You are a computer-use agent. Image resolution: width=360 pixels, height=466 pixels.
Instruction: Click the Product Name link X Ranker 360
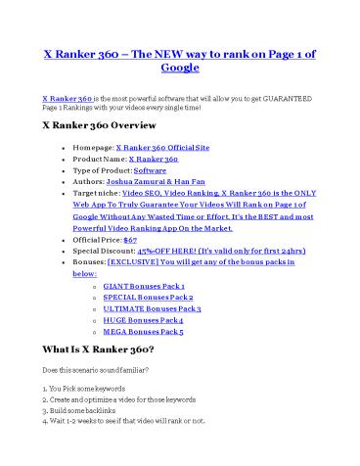tap(159, 160)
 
